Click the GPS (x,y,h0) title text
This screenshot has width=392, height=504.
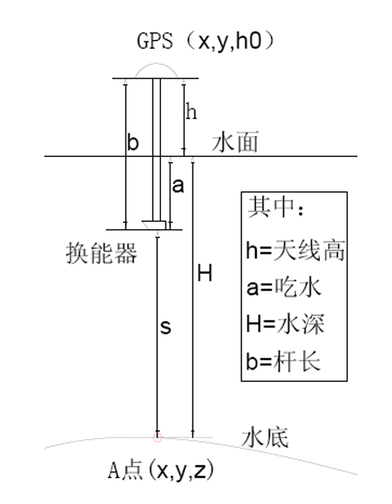pyautogui.click(x=206, y=41)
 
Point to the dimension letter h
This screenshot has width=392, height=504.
pyautogui.click(x=191, y=112)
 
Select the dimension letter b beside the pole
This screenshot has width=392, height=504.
pyautogui.click(x=133, y=142)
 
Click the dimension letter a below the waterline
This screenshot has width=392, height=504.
pyautogui.click(x=178, y=186)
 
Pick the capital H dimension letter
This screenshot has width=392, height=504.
pyautogui.click(x=205, y=273)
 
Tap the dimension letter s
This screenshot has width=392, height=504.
pyautogui.click(x=165, y=327)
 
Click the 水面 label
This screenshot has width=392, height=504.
pyautogui.click(x=235, y=142)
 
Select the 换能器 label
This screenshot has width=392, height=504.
pyautogui.click(x=101, y=253)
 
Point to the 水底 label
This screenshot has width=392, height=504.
pyautogui.click(x=265, y=437)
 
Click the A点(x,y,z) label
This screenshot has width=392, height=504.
pyautogui.click(x=160, y=470)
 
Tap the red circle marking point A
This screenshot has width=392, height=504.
pyautogui.click(x=158, y=437)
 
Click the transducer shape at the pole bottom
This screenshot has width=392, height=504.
pyautogui.click(x=154, y=225)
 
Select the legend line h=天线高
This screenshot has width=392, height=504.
pyautogui.click(x=296, y=251)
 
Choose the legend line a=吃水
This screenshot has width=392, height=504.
pyautogui.click(x=284, y=287)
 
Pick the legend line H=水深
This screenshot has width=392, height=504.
pyautogui.click(x=286, y=323)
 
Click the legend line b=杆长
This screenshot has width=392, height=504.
pyautogui.click(x=284, y=361)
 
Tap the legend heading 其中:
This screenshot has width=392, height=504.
pyautogui.click(x=276, y=207)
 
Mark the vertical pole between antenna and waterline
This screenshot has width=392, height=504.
pyautogui.click(x=157, y=117)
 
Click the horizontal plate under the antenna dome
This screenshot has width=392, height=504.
pyautogui.click(x=155, y=78)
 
